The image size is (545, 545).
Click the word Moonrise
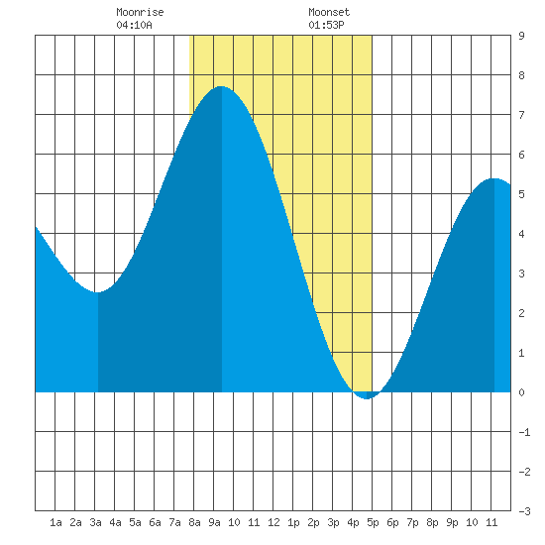(140, 12)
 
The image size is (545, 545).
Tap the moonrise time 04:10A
(134, 25)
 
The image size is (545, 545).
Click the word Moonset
(329, 12)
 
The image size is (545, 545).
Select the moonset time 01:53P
(326, 25)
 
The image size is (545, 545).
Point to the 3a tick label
(95, 522)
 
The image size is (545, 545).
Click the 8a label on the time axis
(194, 522)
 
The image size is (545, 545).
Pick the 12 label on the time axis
(273, 522)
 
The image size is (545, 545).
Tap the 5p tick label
(373, 522)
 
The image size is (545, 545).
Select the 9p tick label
(452, 522)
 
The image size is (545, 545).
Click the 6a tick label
(155, 522)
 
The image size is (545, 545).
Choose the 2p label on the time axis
(313, 522)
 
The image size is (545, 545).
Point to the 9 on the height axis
(521, 36)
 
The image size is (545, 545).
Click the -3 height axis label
(524, 511)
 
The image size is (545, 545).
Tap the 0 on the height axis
(521, 392)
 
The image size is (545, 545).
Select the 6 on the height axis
(521, 155)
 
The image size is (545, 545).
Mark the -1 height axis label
(524, 432)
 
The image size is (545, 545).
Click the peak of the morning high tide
(221, 86)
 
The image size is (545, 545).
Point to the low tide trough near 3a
(98, 292)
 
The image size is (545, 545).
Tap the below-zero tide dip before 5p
(367, 398)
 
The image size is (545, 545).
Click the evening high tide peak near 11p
(493, 178)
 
